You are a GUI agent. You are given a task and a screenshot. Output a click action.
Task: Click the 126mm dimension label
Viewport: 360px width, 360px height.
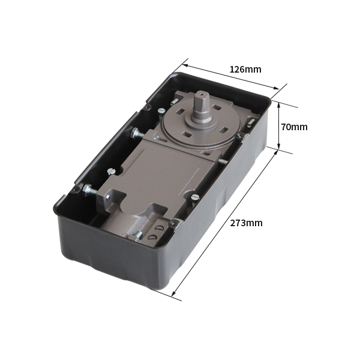245,69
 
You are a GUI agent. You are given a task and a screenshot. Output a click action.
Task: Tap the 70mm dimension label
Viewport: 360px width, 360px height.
295,127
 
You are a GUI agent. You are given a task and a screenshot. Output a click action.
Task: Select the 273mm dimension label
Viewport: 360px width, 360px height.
247,223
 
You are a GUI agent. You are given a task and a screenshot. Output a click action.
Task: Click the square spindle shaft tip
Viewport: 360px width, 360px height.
200,94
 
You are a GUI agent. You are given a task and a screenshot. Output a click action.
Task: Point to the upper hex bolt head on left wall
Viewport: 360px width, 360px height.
134,133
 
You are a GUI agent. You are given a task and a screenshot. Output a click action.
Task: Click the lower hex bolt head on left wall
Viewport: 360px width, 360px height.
86,190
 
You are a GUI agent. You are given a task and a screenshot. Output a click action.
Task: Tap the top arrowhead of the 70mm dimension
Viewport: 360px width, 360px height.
279,104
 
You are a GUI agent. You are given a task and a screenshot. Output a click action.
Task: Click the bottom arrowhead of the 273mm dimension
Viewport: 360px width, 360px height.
174,293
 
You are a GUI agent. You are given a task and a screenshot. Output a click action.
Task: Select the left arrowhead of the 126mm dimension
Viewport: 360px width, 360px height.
185,65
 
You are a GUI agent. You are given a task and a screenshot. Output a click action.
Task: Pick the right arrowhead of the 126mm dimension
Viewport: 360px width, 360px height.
276,88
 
